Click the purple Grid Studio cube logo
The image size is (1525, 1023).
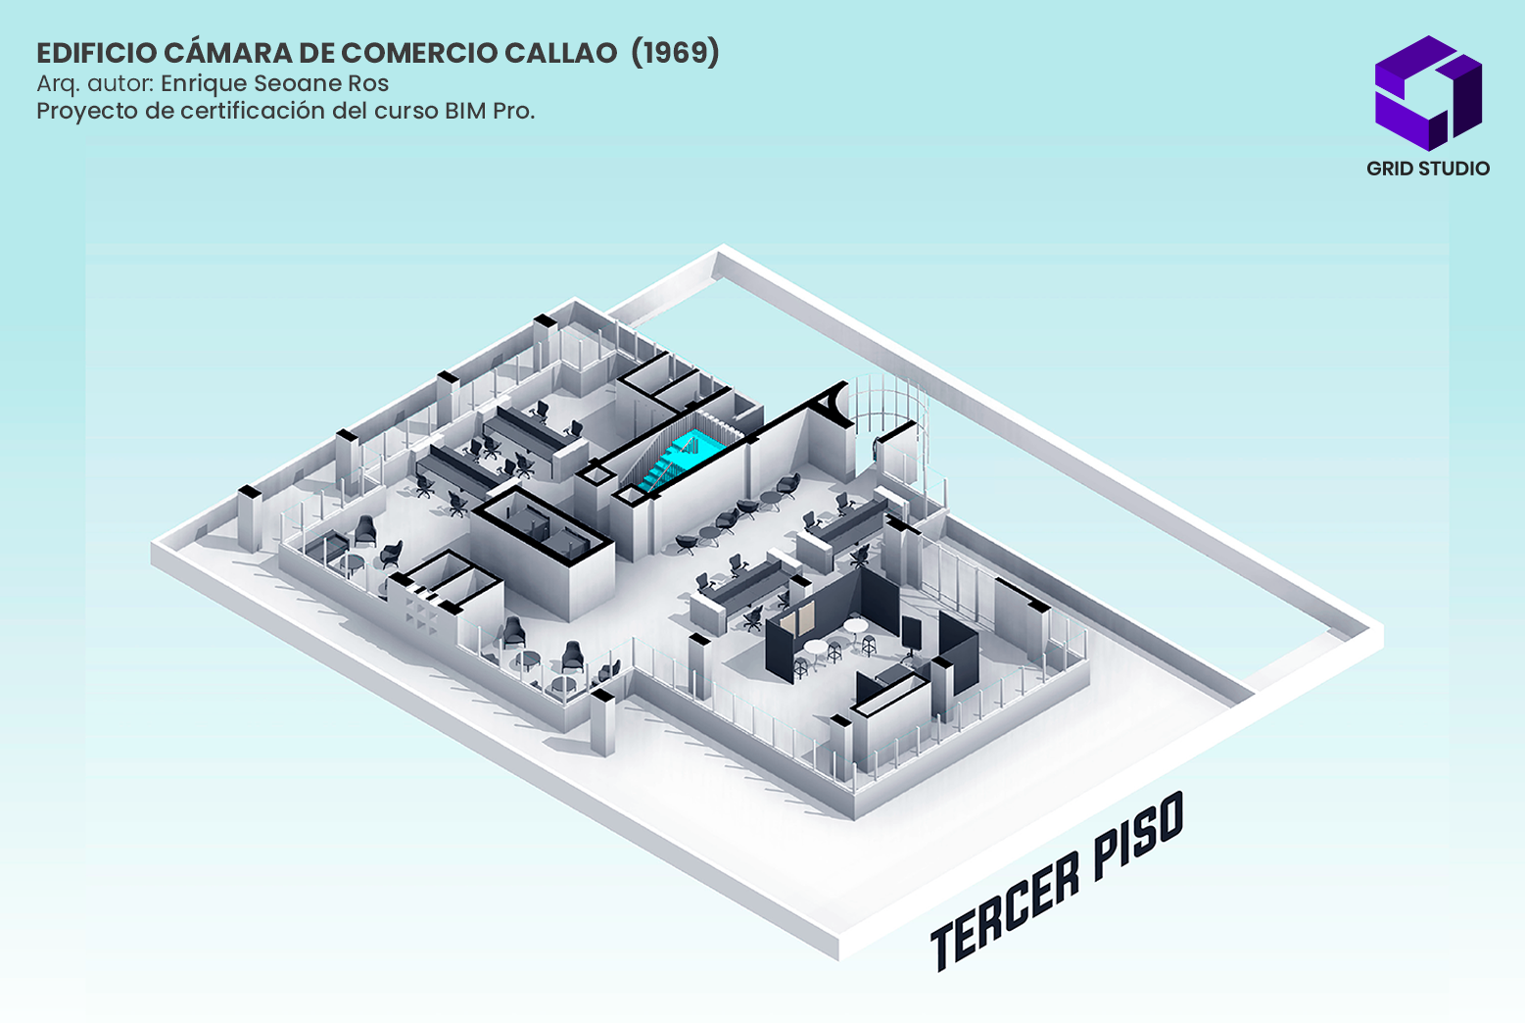(1428, 93)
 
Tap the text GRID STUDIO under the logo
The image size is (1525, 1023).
(1428, 169)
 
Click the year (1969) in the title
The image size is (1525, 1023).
(675, 52)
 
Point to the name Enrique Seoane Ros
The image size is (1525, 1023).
(274, 83)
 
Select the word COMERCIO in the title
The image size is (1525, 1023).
(418, 53)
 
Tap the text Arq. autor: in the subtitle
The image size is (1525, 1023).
(95, 83)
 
